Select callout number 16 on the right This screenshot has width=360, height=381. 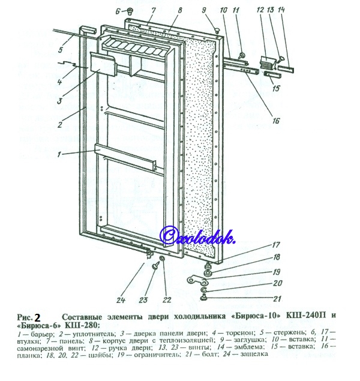pos(275,120)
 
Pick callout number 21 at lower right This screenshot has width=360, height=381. pos(277,298)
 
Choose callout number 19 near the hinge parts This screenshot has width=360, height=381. pos(277,271)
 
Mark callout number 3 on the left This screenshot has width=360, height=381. pos(59,101)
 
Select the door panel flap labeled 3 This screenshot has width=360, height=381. pos(103,63)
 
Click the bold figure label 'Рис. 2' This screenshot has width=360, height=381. pos(29,316)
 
